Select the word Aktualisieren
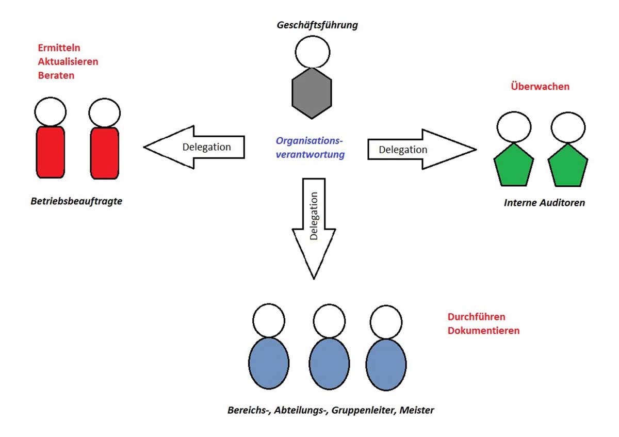[x=68, y=62]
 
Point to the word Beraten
[x=56, y=75]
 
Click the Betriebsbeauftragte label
[x=76, y=201]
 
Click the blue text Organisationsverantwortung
[x=309, y=148]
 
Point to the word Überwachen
[x=540, y=87]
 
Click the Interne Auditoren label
[x=544, y=203]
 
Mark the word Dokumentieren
[x=483, y=331]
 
